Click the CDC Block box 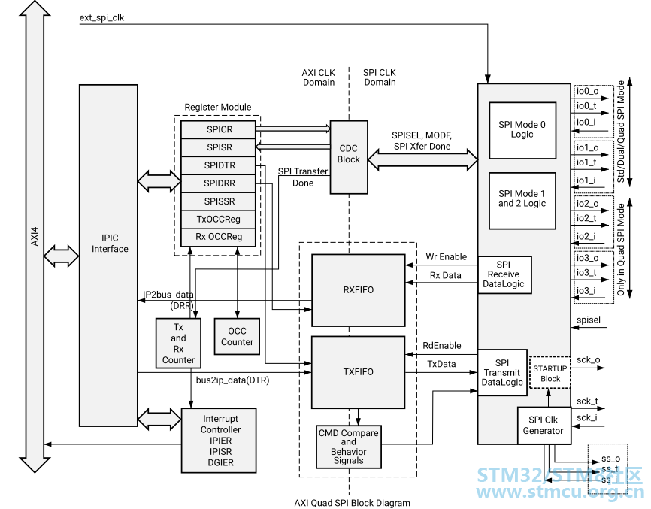click(x=349, y=155)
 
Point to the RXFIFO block click(x=358, y=290)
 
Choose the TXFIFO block click(x=358, y=371)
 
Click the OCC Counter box click(x=237, y=337)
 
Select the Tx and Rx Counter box click(x=178, y=343)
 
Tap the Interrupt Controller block click(x=220, y=440)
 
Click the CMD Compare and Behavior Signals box click(x=348, y=447)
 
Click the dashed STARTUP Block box click(x=550, y=373)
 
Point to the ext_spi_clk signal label click(x=101, y=17)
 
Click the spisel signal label click(x=588, y=320)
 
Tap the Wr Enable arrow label click(x=446, y=257)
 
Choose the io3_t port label click(x=587, y=272)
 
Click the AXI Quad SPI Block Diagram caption click(x=353, y=502)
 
